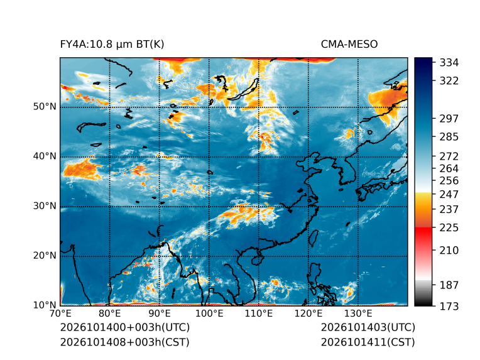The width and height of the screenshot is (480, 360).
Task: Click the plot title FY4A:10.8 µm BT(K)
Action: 112,45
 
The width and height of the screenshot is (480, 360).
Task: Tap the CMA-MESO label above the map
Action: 349,45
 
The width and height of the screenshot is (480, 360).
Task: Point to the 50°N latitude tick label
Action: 45,107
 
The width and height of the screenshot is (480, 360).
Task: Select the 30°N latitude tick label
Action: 45,205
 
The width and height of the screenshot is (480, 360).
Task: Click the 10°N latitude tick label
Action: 45,305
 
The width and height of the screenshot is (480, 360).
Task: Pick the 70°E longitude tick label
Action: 60,314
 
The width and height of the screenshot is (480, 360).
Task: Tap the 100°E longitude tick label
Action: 209,314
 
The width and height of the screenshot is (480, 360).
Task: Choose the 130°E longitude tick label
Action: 358,314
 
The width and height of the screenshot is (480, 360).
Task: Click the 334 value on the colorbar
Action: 449,63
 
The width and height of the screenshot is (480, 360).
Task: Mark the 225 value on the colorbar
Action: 449,228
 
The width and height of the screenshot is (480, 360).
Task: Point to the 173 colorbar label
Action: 449,306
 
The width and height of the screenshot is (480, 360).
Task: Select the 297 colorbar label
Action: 449,119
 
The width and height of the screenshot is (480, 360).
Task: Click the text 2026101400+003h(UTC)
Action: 125,327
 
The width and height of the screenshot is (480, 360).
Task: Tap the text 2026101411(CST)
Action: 368,342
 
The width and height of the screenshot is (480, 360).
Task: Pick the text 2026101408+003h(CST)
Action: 125,342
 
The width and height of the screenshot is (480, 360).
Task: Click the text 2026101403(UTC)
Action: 368,327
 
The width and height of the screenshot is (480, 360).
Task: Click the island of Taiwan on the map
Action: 313,239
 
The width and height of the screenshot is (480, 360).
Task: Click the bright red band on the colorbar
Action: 423,232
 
